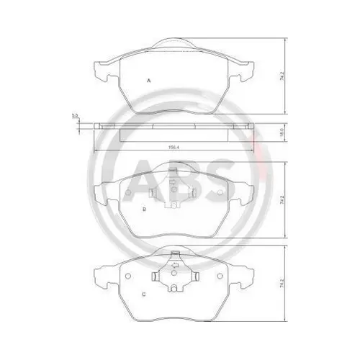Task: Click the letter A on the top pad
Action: pos(148,80)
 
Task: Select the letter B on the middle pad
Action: pos(145,210)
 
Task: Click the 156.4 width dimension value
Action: pos(174,150)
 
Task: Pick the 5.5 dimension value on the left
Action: pos(74,116)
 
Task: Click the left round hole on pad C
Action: pos(126,276)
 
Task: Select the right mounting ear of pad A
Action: pos(246,71)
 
